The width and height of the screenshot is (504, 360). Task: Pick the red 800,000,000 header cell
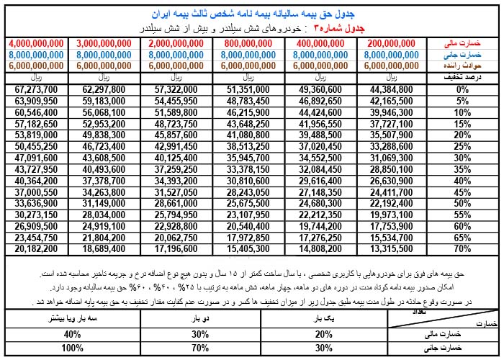click(x=250, y=43)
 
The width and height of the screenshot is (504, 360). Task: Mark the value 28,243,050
click(x=250, y=192)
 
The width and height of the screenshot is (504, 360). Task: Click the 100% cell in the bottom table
click(x=72, y=348)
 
